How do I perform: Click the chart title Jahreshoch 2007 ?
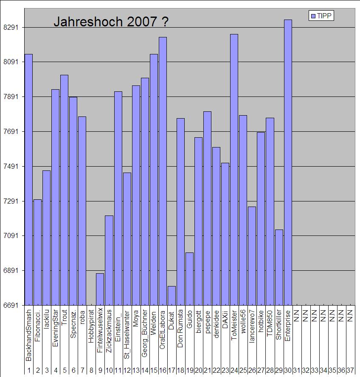click(x=111, y=22)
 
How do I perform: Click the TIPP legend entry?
click(x=321, y=16)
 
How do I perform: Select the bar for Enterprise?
click(x=288, y=162)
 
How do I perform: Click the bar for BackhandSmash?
click(x=28, y=179)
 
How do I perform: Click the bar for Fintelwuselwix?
click(x=100, y=289)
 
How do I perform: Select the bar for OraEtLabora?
click(x=163, y=170)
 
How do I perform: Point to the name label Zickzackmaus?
click(x=109, y=333)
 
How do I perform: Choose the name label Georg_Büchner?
click(x=145, y=334)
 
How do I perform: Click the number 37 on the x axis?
click(x=350, y=371)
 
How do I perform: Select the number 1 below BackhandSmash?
click(x=29, y=371)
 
